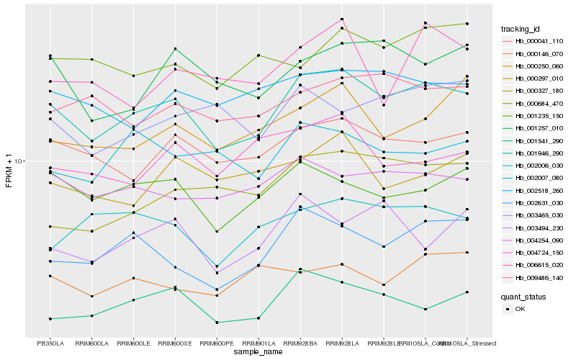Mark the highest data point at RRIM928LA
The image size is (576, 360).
point(342,19)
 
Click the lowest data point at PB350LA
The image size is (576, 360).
point(50,318)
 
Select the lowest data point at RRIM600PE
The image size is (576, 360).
point(217,322)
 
